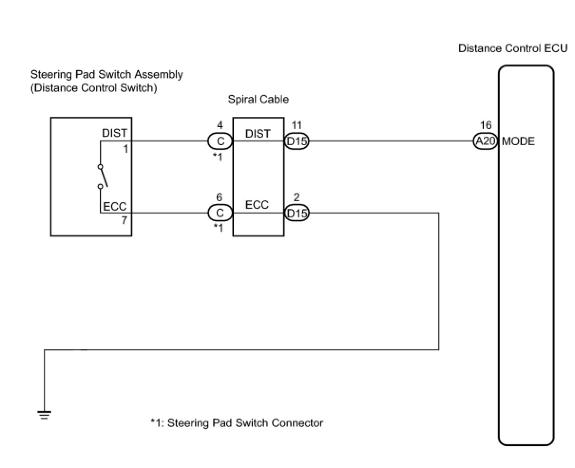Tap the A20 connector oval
(x=485, y=141)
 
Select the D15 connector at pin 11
(x=297, y=141)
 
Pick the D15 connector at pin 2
(x=297, y=213)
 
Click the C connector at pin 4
(x=220, y=141)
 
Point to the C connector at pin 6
(x=220, y=213)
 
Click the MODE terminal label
(x=518, y=141)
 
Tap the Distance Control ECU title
(x=512, y=48)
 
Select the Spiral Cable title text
(x=258, y=100)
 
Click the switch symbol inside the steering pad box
(x=102, y=177)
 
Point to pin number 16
(x=486, y=125)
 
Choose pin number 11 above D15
(x=297, y=125)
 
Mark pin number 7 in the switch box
(x=125, y=220)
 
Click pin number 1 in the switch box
(x=125, y=149)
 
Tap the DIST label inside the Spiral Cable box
(x=258, y=134)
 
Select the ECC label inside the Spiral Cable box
(x=257, y=205)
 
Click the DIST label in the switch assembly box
(x=115, y=133)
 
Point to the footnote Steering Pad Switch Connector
(x=237, y=423)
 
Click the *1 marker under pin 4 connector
(x=217, y=157)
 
